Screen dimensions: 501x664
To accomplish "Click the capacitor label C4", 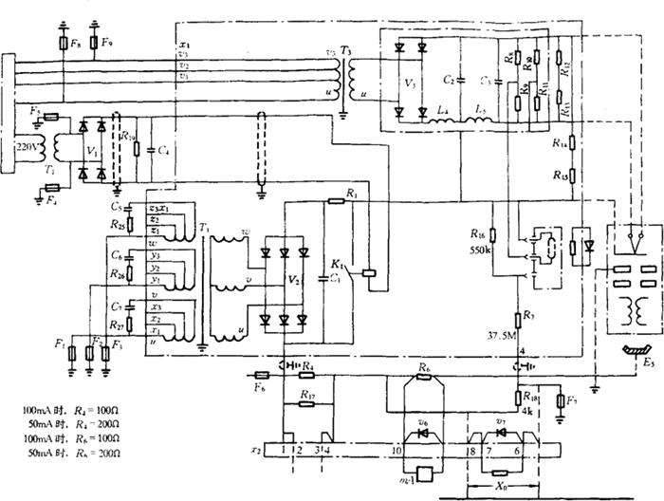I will click(x=164, y=150).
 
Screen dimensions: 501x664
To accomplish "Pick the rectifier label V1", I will click(x=91, y=150).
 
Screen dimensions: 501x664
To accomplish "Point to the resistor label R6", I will click(x=425, y=365).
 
